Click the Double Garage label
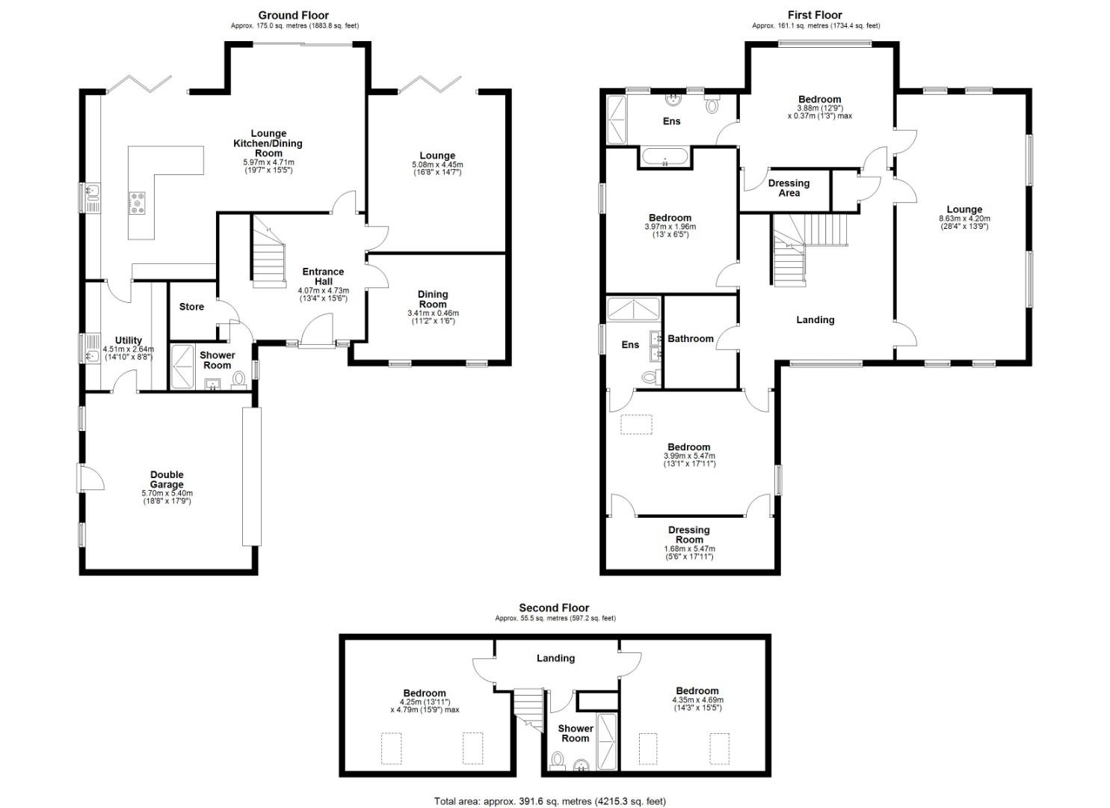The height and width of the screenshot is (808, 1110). (167, 480)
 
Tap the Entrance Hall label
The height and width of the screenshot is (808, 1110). (323, 276)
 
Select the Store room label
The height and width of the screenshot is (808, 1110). (191, 307)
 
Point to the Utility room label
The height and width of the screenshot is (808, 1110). (129, 340)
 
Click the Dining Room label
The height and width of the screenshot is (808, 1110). (433, 299)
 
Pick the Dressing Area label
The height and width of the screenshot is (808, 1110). (789, 188)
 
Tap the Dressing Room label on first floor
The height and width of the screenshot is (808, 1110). (688, 535)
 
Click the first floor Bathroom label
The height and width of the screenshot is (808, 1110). (690, 339)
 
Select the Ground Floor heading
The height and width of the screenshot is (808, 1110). (294, 15)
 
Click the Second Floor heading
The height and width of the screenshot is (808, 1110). (554, 608)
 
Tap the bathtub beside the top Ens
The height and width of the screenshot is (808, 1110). (665, 158)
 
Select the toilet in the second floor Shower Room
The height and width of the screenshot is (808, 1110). (557, 762)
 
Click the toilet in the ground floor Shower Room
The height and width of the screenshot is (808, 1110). (239, 380)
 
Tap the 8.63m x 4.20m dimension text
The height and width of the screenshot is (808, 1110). (964, 223)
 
